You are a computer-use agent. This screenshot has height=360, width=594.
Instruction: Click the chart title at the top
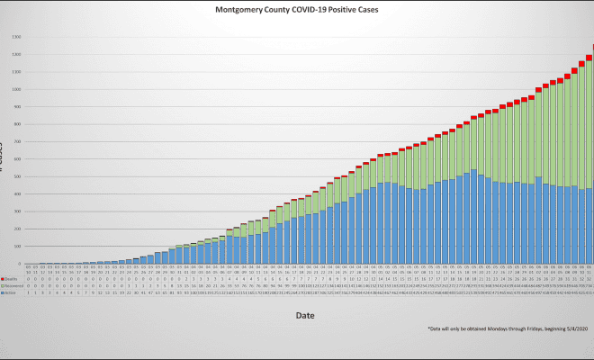(x=298, y=11)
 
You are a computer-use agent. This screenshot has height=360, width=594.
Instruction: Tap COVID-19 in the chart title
(x=314, y=11)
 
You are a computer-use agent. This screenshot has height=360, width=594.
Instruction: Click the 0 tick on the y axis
(x=18, y=264)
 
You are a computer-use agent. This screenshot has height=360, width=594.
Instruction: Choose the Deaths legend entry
(x=10, y=280)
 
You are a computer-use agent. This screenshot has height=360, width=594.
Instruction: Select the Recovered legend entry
(x=12, y=286)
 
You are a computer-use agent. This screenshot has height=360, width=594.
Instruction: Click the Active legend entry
(x=10, y=292)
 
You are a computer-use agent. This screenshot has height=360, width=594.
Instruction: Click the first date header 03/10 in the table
(x=29, y=270)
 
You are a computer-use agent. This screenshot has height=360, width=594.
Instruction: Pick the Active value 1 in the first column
(x=29, y=292)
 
